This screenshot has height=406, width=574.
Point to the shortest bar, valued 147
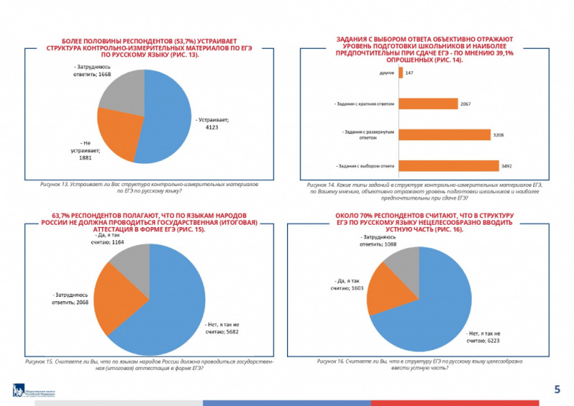[400, 73]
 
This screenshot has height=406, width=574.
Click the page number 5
[557, 389]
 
